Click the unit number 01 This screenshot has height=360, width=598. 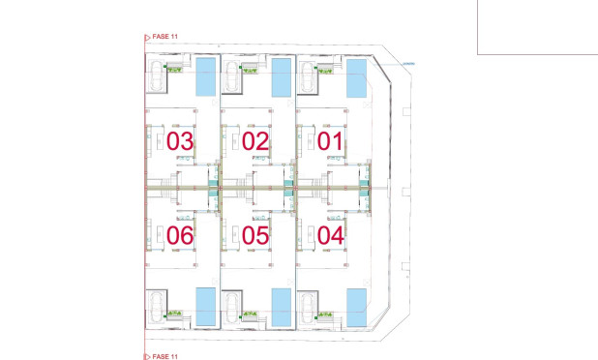[x=331, y=141]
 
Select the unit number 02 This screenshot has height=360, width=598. [x=255, y=141]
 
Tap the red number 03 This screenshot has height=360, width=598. [x=180, y=141]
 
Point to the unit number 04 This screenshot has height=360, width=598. [x=331, y=234]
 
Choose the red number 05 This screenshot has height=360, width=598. [x=255, y=234]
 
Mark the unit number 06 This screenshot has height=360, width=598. [x=180, y=234]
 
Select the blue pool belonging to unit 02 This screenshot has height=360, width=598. [x=282, y=77]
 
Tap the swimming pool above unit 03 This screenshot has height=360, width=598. [x=206, y=76]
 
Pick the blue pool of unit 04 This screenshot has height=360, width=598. [x=357, y=306]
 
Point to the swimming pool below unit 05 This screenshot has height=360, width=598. [x=282, y=307]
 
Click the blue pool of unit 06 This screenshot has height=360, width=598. [x=206, y=307]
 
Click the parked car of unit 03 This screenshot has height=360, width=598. [x=157, y=77]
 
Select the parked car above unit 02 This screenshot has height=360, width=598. [x=232, y=77]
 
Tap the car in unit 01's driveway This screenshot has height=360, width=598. [x=308, y=77]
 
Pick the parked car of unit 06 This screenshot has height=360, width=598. [x=157, y=307]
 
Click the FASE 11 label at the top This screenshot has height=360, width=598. [x=164, y=37]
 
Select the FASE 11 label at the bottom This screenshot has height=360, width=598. [x=164, y=355]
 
